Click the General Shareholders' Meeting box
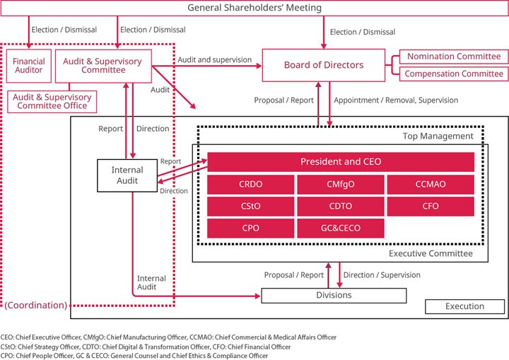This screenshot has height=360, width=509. pyautogui.click(x=255, y=8)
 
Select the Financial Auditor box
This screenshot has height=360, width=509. pyautogui.click(x=29, y=66)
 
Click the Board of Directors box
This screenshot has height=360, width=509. pyautogui.click(x=324, y=66)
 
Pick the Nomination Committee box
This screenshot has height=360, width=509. pyautogui.click(x=453, y=57)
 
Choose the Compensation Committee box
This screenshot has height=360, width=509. pyautogui.click(x=453, y=74)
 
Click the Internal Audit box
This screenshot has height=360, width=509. pyautogui.click(x=127, y=175)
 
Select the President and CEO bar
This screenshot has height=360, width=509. pyautogui.click(x=340, y=162)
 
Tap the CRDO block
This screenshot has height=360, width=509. pyautogui.click(x=251, y=184)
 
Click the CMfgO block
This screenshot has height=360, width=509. pyautogui.click(x=340, y=184)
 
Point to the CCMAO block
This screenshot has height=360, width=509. pyautogui.click(x=430, y=184)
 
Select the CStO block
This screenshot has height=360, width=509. pyautogui.click(x=251, y=207)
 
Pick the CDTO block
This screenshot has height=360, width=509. pyautogui.click(x=340, y=207)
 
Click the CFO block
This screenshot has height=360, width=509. pyautogui.click(x=430, y=207)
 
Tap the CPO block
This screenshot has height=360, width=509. pyautogui.click(x=251, y=228)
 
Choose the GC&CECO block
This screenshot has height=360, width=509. pyautogui.click(x=340, y=228)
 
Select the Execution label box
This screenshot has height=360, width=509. pyautogui.click(x=464, y=306)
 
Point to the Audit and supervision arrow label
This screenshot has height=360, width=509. pyautogui.click(x=214, y=60)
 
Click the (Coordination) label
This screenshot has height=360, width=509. pyautogui.click(x=35, y=306)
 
